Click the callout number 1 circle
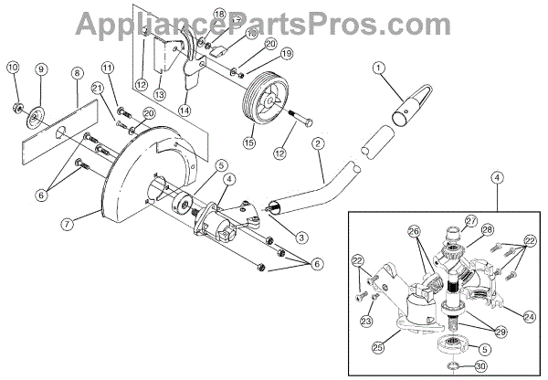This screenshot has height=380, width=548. (380, 67)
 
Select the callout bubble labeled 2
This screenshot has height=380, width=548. (318, 144)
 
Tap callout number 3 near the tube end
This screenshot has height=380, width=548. (302, 237)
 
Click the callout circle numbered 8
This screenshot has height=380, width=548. (77, 72)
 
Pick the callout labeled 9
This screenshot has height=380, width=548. (40, 70)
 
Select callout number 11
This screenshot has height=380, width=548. (107, 68)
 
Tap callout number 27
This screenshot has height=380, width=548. (470, 220)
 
